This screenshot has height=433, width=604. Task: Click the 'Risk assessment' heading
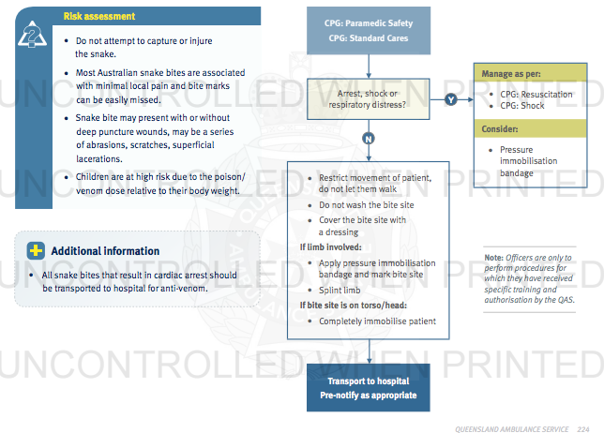98,17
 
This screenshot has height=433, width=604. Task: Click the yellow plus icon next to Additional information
36,251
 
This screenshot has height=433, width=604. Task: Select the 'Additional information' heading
105,251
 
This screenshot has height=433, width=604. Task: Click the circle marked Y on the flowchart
451,99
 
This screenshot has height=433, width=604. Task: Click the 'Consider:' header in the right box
500,129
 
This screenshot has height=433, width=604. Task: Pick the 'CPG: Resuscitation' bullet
536,95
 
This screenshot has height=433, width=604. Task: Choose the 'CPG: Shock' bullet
522,107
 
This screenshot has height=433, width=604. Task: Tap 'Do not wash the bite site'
367,205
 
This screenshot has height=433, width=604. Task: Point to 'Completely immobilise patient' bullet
377,321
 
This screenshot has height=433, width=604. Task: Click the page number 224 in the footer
583,426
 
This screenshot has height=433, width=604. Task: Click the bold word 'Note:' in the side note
493,258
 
